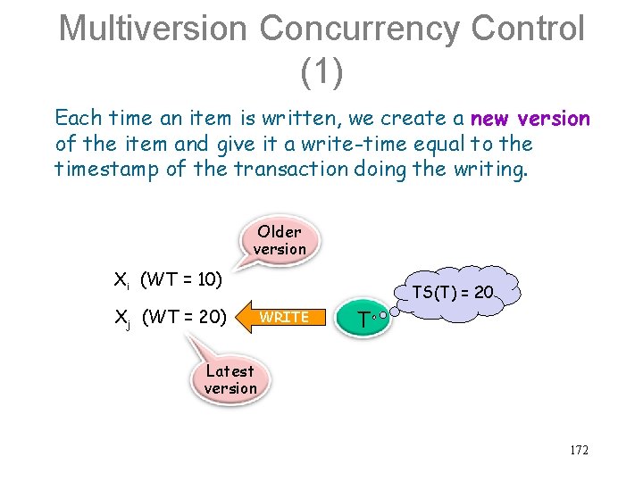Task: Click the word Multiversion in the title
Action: point(152,29)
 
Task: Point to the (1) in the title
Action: point(321,71)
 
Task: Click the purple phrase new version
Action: point(530,119)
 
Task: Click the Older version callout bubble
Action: point(280,240)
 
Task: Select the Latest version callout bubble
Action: point(230,379)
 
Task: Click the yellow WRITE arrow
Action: point(281,317)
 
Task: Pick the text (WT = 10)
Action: point(181,279)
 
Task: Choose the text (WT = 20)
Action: point(184,316)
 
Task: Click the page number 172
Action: point(579,451)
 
